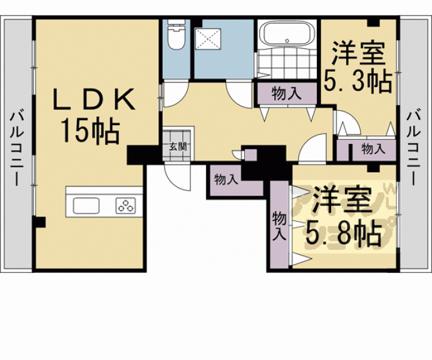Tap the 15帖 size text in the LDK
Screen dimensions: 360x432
(90, 131)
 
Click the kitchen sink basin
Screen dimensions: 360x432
(86, 205)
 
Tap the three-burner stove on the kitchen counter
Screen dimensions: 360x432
(125, 205)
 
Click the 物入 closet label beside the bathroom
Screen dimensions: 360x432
(287, 95)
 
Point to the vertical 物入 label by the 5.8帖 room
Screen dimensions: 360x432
(279, 226)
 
